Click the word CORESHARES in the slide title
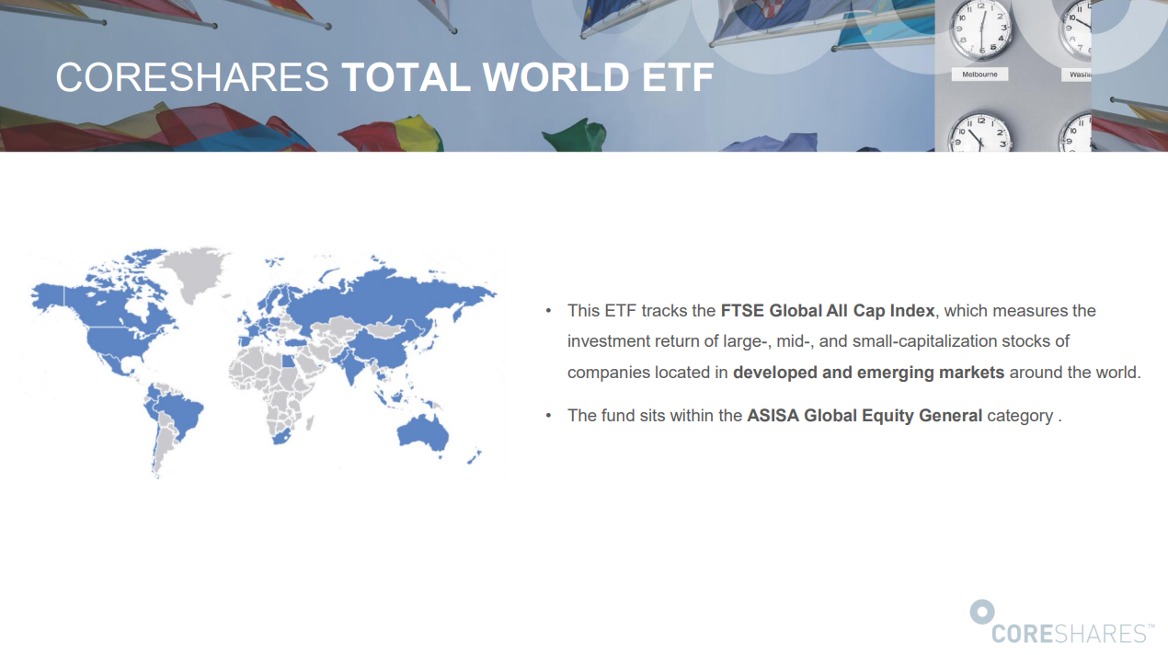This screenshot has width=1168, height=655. [192, 77]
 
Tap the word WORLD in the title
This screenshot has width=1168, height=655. [555, 77]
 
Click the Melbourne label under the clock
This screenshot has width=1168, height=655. [979, 75]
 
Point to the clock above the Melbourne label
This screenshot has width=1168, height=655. [981, 29]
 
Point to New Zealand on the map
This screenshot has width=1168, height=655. [475, 457]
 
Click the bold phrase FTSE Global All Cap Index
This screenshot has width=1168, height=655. [828, 311]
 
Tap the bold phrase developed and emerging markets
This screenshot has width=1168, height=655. [868, 373]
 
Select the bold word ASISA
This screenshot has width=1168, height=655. [773, 416]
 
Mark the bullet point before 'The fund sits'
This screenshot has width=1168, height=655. [548, 416]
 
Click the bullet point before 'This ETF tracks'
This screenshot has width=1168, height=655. [548, 311]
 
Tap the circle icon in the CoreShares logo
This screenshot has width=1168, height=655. [982, 612]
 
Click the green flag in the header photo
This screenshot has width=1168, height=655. [576, 134]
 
